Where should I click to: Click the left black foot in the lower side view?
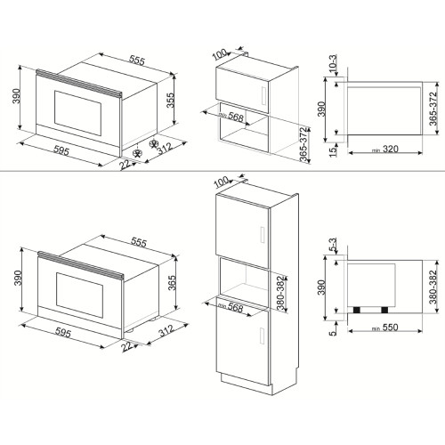pos(360,309)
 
